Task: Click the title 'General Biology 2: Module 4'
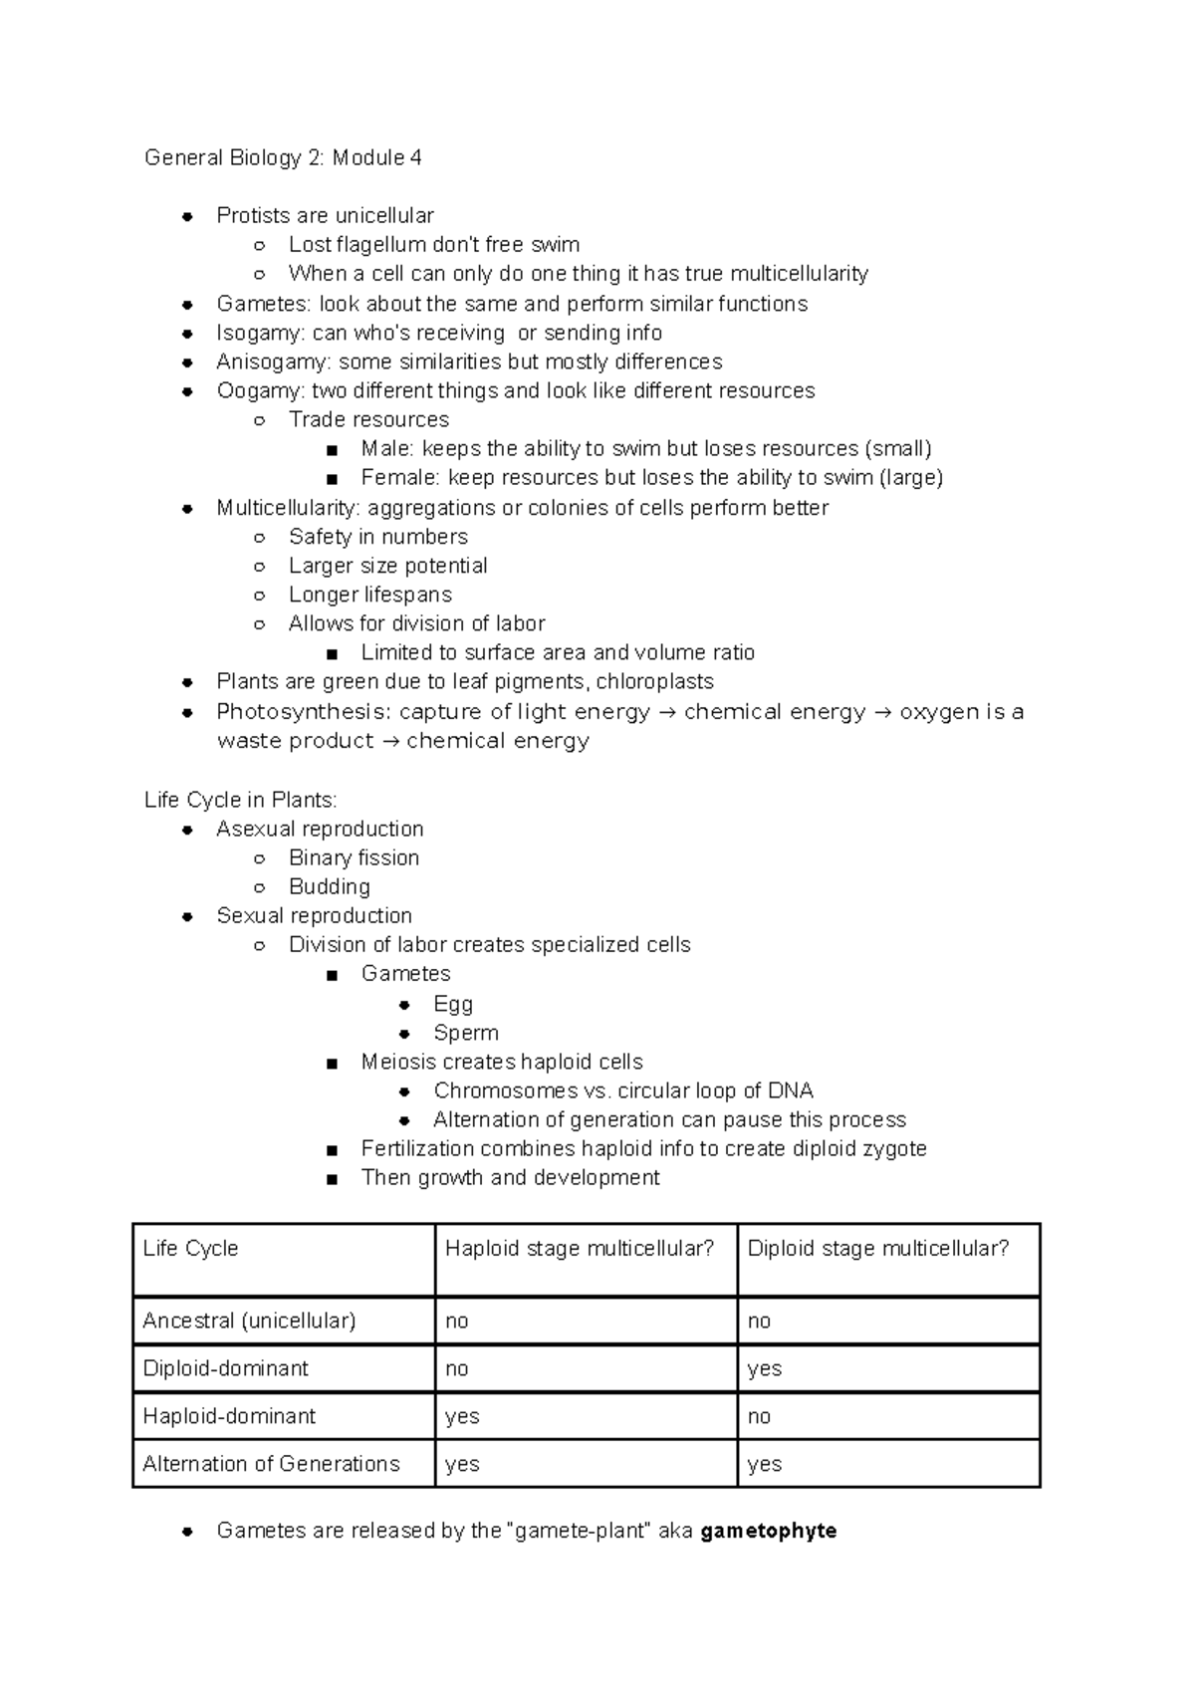click(283, 157)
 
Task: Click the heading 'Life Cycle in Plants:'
click(241, 800)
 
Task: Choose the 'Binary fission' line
click(354, 857)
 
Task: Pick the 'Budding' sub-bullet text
click(329, 886)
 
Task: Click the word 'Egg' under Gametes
click(453, 1004)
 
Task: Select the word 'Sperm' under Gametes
click(466, 1033)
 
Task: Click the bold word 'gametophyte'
click(768, 1531)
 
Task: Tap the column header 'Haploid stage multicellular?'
click(580, 1249)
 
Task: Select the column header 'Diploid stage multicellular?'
click(878, 1249)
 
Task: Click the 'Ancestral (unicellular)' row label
click(249, 1321)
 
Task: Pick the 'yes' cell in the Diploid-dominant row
click(764, 1368)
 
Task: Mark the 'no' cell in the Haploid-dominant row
click(759, 1416)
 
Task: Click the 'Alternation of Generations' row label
click(271, 1464)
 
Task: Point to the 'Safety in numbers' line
click(378, 537)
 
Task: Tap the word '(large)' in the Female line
click(910, 477)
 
